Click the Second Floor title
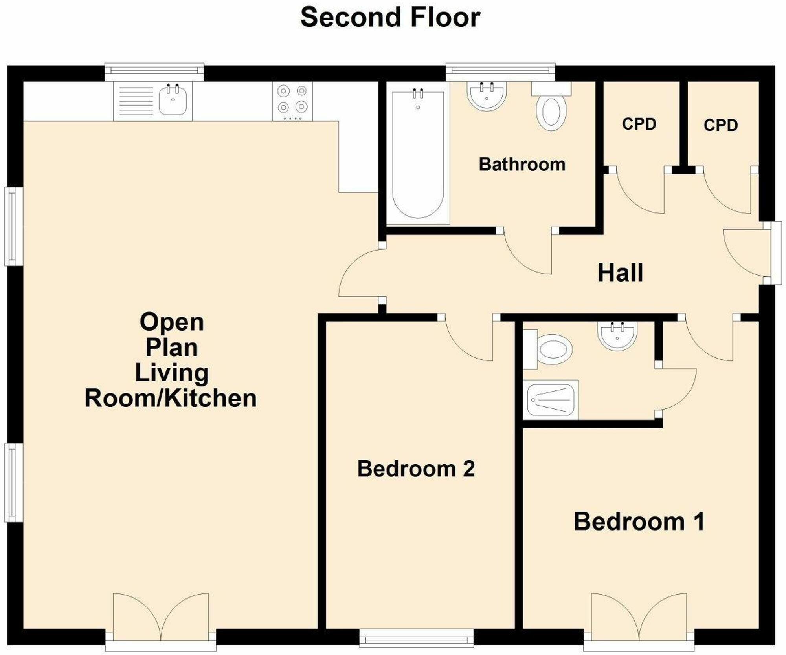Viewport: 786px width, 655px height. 390,18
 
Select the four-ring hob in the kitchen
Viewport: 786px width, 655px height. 292,101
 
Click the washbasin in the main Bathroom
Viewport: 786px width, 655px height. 486,96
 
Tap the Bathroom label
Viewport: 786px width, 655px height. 522,164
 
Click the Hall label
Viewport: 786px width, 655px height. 620,273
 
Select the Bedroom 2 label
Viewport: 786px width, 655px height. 416,468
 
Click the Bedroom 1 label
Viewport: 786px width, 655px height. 639,521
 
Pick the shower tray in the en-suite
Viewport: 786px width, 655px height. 552,399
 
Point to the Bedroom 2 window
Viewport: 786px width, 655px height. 417,639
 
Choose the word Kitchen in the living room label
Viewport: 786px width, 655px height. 210,398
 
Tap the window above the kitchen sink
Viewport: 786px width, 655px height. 154,71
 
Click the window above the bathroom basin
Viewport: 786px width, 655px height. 500,71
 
